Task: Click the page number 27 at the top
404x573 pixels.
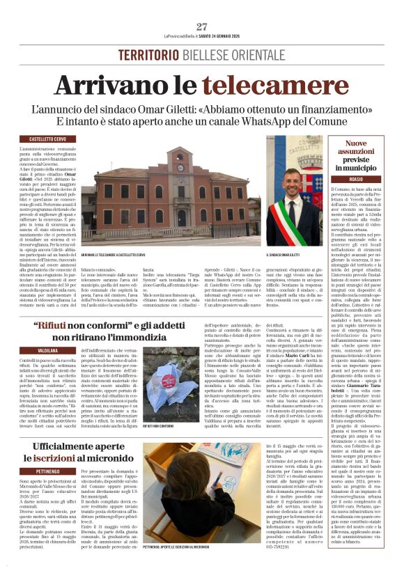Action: [x=202, y=26]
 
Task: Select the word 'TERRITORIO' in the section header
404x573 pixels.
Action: [x=149, y=55]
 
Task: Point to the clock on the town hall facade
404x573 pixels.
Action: [x=180, y=167]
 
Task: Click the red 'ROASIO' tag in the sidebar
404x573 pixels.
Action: [x=356, y=180]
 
